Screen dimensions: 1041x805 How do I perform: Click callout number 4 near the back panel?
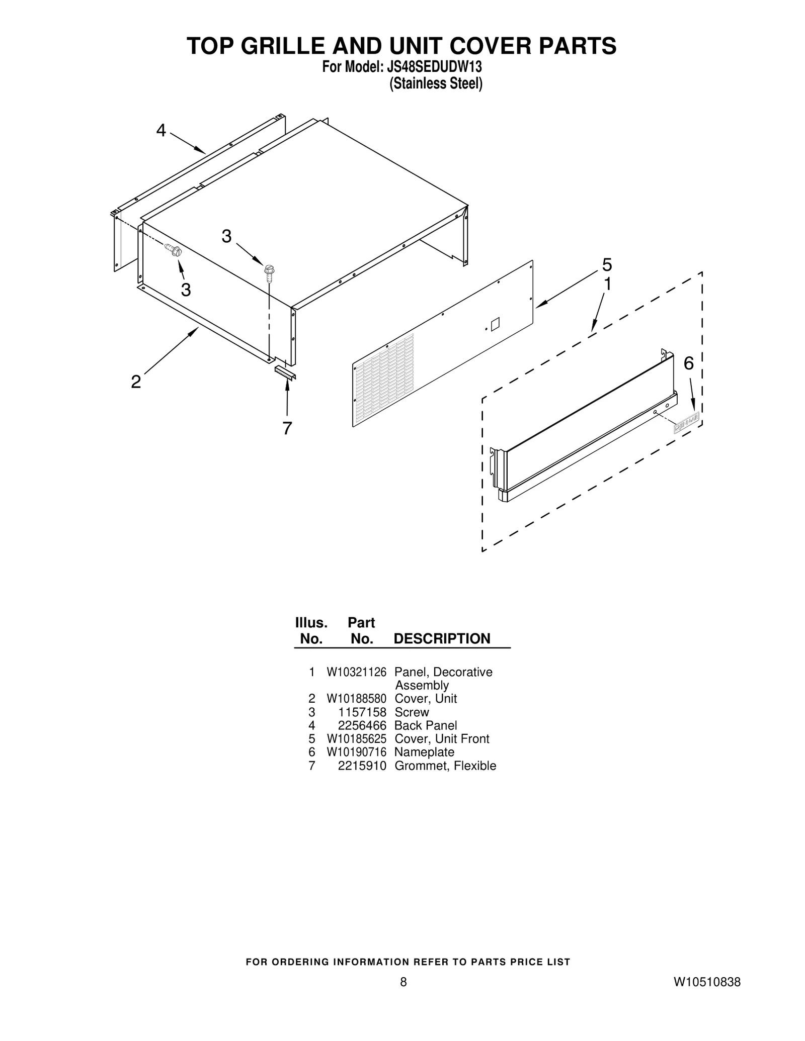tap(160, 131)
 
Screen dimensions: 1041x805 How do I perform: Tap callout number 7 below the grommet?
tap(287, 428)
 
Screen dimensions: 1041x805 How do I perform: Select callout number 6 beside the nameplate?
tap(688, 363)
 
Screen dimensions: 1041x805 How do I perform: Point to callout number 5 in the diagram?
tap(607, 264)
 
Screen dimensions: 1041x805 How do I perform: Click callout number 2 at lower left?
tap(136, 382)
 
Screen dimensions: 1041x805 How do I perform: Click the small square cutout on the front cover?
tap(495, 324)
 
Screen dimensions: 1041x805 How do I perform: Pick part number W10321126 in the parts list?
tap(356, 672)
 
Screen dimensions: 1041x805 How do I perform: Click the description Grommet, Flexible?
tap(445, 766)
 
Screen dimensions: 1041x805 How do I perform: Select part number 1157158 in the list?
tap(369, 712)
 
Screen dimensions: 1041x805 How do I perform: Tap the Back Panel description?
tap(426, 725)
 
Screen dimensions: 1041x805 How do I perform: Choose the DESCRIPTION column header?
tap(441, 638)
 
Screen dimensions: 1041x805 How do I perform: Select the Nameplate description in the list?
tap(424, 752)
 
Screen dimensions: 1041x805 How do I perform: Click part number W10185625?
tap(356, 739)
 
